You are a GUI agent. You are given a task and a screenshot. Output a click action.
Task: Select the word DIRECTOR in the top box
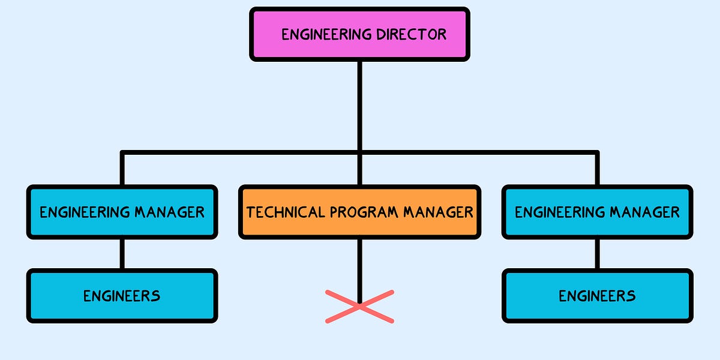(x=412, y=34)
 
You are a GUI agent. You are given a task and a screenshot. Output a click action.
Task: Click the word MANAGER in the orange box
(x=438, y=212)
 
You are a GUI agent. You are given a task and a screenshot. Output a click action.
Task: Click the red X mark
(x=359, y=307)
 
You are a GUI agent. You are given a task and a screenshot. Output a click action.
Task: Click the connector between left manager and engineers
(x=122, y=253)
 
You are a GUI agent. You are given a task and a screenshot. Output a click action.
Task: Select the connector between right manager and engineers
(x=597, y=253)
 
